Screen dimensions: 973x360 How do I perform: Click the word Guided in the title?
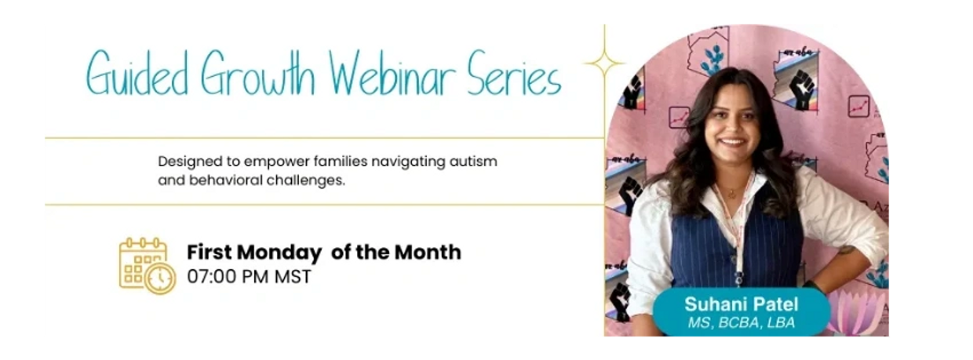click(x=137, y=73)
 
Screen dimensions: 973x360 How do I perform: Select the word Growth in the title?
click(x=258, y=73)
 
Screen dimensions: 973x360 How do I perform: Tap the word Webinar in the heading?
click(x=392, y=73)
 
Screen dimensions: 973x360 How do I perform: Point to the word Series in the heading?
click(x=514, y=73)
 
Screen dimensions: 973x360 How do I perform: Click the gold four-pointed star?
click(x=604, y=64)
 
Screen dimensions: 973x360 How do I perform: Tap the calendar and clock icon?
click(x=148, y=266)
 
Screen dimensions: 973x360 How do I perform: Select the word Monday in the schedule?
click(x=279, y=253)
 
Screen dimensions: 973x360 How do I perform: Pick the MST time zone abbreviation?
click(x=293, y=277)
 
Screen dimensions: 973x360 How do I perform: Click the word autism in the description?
click(x=473, y=162)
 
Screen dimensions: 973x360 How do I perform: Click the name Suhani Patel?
click(x=741, y=304)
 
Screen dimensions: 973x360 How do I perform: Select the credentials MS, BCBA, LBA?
click(x=741, y=322)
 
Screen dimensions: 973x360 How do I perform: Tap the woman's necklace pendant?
click(x=732, y=194)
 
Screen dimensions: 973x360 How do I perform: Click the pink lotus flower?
click(x=856, y=312)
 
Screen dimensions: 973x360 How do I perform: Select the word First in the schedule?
click(x=210, y=253)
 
